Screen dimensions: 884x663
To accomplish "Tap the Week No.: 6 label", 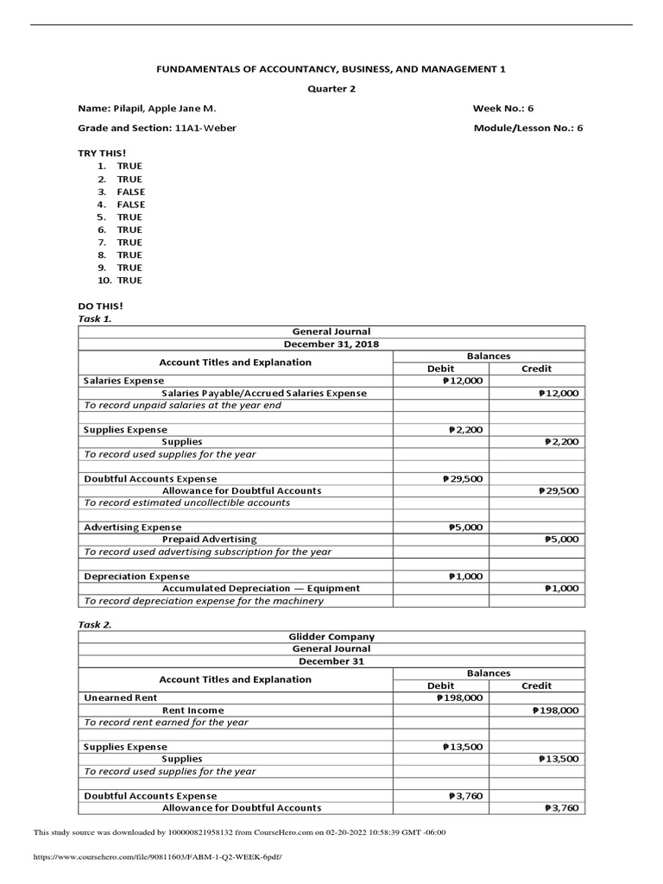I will click(x=503, y=109).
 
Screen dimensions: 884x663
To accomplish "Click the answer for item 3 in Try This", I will click(x=131, y=192).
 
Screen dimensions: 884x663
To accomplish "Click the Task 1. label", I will click(x=95, y=319).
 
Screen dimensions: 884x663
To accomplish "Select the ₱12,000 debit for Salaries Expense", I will click(x=462, y=380).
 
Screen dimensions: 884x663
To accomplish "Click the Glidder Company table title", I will click(x=331, y=636).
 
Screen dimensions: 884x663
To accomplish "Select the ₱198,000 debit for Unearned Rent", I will click(x=459, y=698).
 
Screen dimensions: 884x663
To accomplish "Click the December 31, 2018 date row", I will click(x=331, y=344).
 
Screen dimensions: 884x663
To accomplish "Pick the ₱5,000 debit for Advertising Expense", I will click(x=465, y=527).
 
